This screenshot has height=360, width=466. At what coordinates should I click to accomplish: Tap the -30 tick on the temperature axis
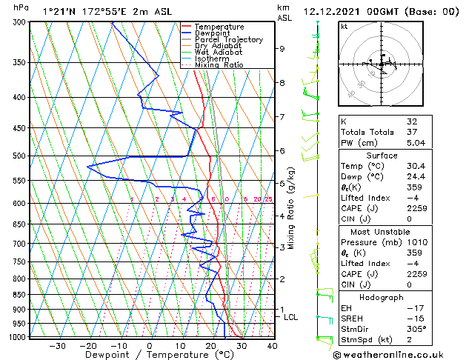pyautogui.click(x=57, y=345)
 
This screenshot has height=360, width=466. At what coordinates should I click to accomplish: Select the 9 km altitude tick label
pyautogui.click(x=282, y=49)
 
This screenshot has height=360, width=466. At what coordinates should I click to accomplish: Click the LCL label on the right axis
pyautogui.click(x=291, y=317)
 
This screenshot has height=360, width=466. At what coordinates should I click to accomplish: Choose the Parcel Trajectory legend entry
pyautogui.click(x=228, y=40)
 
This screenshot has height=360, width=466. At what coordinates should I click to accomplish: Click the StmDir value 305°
pyautogui.click(x=417, y=329)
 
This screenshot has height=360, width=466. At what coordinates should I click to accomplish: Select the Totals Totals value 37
pyautogui.click(x=412, y=132)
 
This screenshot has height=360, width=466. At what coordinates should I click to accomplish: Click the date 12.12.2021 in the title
pyautogui.click(x=333, y=12)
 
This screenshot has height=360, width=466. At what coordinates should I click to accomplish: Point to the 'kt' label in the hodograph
pyautogui.click(x=344, y=26)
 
